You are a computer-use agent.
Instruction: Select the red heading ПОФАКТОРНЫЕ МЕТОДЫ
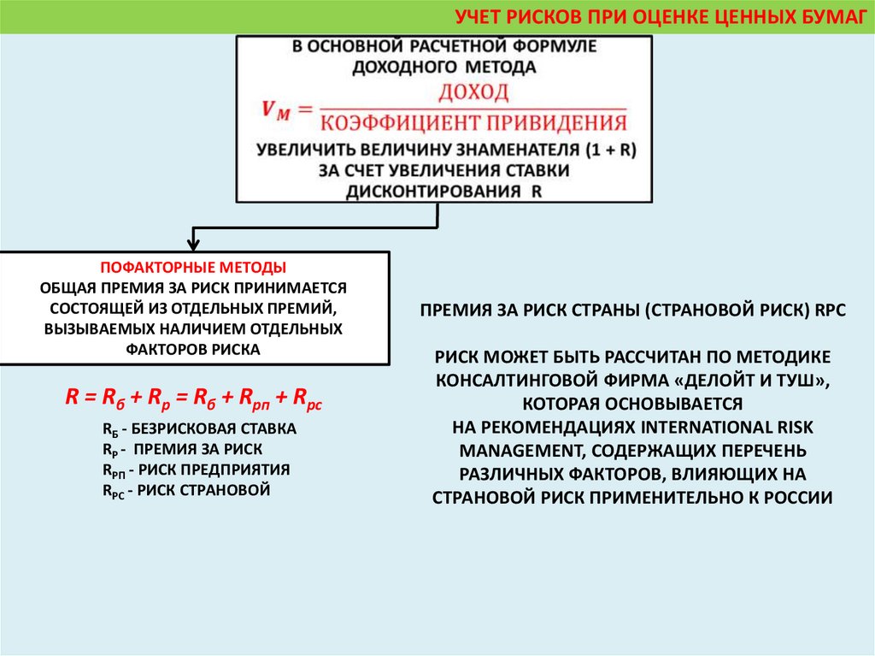[x=194, y=267]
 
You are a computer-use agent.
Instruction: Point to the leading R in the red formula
[x=72, y=397]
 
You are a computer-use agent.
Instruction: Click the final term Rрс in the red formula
[x=307, y=399]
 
